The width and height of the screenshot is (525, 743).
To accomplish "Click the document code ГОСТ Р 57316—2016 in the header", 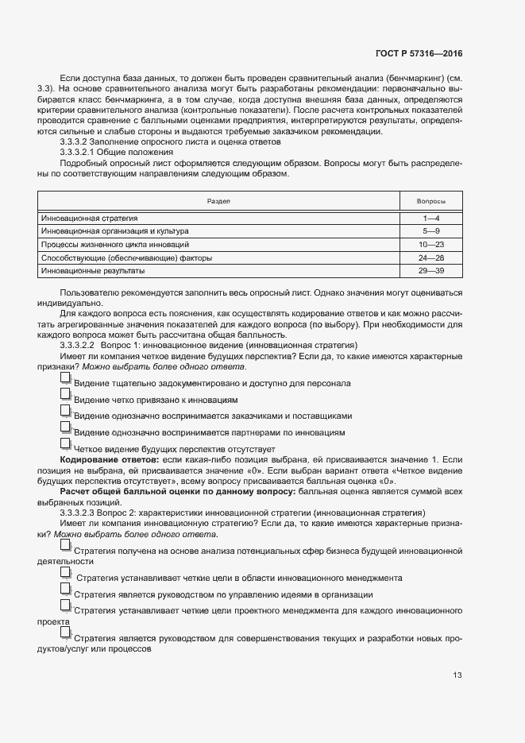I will coord(418,52).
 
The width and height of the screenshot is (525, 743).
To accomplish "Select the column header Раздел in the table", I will coord(218,201).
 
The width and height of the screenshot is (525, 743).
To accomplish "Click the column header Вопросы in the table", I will coord(431,201).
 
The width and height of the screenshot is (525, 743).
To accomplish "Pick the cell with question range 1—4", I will coord(431,218).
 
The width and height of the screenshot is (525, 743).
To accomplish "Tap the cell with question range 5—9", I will coord(431,230).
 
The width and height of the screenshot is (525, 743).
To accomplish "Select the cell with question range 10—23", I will coord(431,244).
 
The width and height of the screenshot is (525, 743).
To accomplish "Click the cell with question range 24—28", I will coord(431,257).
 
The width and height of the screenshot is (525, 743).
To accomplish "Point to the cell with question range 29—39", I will coord(431,271).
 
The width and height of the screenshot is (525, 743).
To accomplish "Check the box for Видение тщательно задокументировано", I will coord(66,379).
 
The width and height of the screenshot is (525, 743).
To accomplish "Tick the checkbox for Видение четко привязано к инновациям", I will coord(66,396).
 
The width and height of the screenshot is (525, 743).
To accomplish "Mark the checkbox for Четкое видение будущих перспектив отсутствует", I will coord(66,444).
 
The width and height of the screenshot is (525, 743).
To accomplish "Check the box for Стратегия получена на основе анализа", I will coord(65,547).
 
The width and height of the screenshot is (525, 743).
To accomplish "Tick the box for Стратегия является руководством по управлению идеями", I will coord(65,590).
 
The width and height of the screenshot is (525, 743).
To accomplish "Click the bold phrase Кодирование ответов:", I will coord(107,460).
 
